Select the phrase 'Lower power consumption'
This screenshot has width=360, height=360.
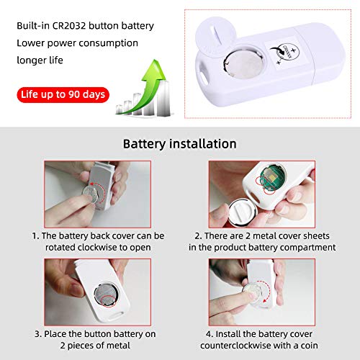78,43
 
